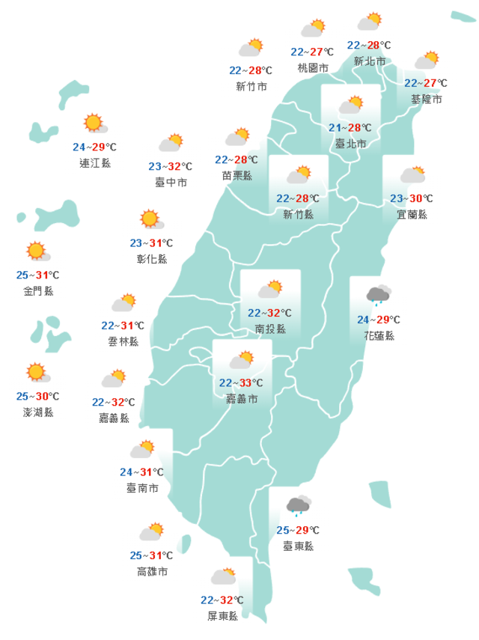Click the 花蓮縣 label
[379, 335]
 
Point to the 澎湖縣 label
[38, 412]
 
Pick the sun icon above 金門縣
[36, 251]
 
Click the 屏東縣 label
[223, 616]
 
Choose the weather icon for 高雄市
[152, 532]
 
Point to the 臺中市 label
[171, 183]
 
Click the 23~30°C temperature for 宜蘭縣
[412, 198]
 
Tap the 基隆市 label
[426, 99]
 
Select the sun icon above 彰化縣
[150, 219]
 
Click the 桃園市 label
[313, 68]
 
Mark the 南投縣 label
[269, 329]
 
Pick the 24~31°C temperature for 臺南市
[141, 472]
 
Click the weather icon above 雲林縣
[123, 302]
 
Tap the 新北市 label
[369, 61]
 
